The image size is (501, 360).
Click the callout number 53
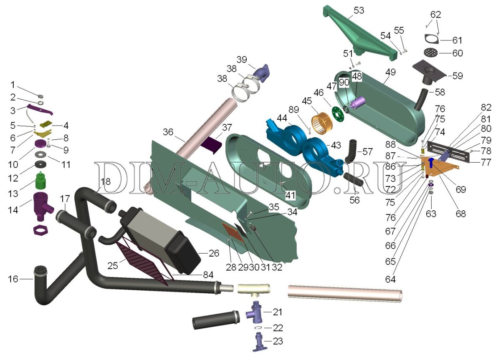click(359, 10)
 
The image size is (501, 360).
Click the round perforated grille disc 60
click(431, 53)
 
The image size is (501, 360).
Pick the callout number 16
click(13, 279)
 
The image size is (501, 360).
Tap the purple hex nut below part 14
click(40, 230)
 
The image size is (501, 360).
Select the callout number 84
click(208, 275)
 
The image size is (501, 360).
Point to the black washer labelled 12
click(40, 164)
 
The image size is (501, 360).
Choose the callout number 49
click(390, 72)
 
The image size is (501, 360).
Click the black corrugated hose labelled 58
click(421, 100)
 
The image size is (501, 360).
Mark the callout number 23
click(278, 341)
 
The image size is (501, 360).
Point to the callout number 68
click(461, 214)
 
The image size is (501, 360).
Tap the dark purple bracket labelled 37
click(211, 144)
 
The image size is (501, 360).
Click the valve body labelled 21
click(254, 312)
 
